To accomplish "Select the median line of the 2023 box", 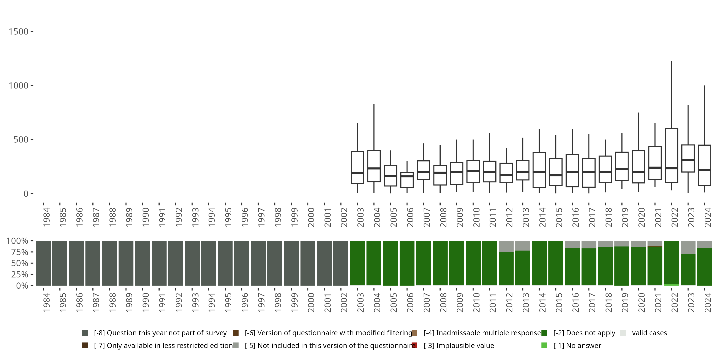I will [x=688, y=160].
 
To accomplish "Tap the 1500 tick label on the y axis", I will [x=18, y=32].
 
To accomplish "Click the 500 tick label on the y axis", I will [x=21, y=139].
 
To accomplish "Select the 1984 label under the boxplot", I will [x=46, y=217].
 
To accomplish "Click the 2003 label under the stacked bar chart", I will [x=360, y=302].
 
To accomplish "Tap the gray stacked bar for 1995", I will [x=225, y=263].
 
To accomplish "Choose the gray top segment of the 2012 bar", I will [x=506, y=246].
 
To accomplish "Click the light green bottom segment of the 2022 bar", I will [x=671, y=285].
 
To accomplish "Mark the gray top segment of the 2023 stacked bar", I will [x=688, y=247].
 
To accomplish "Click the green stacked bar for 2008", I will [x=440, y=263].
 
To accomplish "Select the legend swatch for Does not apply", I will [x=544, y=333].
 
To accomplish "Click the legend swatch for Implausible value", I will [x=414, y=345].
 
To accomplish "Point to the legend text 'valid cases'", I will [x=649, y=333].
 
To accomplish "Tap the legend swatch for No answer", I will [x=544, y=345].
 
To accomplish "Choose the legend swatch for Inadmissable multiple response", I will [x=414, y=333].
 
